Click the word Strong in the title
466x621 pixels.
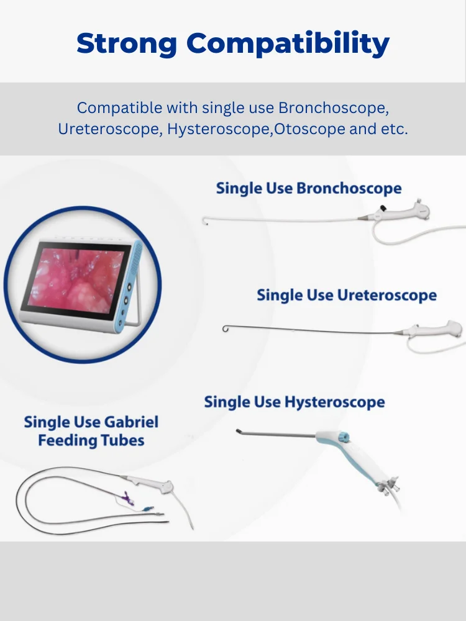127,43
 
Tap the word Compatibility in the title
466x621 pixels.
288,43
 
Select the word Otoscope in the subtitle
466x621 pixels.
309,129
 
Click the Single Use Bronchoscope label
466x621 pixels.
309,188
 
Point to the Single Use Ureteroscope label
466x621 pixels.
347,295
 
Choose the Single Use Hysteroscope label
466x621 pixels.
295,402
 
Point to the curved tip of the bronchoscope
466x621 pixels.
205,220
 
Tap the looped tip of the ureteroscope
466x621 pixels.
226,329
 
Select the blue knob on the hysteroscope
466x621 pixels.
343,437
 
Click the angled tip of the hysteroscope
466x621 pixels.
239,432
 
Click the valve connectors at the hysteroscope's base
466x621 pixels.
389,486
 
